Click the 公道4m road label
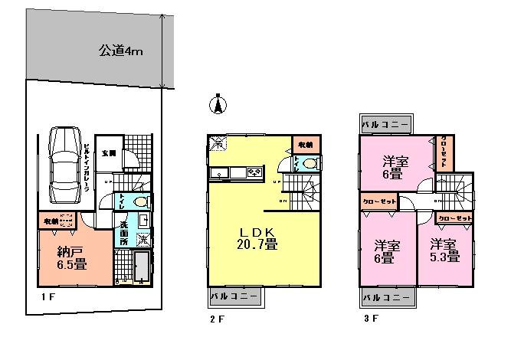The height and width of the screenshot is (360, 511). tap(120, 52)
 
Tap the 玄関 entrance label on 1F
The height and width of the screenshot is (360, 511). tap(109, 153)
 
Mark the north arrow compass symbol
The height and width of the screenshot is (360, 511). tap(218, 105)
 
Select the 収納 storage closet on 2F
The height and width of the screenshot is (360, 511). tap(305, 143)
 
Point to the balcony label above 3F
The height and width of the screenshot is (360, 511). tap(386, 123)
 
